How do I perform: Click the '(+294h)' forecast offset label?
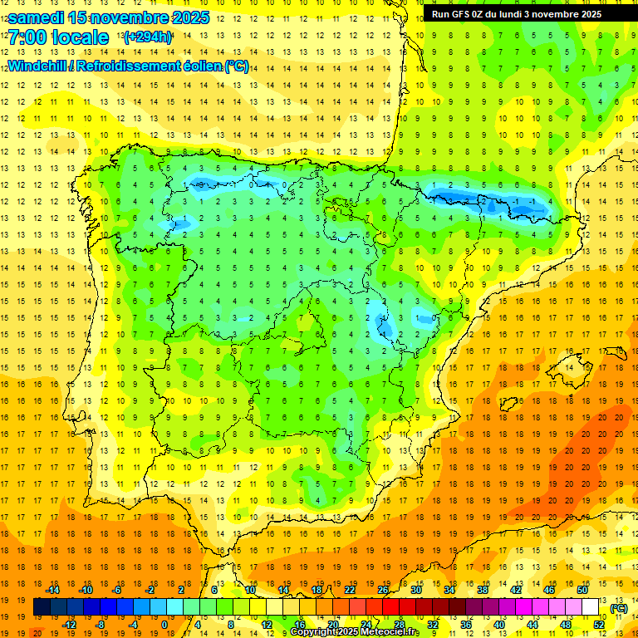pyautogui.click(x=148, y=37)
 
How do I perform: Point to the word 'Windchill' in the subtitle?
pyautogui.click(x=36, y=66)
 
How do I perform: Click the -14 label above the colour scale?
pyautogui.click(x=52, y=589)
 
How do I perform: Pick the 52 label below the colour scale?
pyautogui.click(x=599, y=625)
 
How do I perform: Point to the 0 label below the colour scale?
pyautogui.click(x=164, y=625)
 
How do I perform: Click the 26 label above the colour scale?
pyautogui.click(x=383, y=589)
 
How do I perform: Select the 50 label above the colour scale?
pyautogui.click(x=582, y=589)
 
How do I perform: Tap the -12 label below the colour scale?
pyautogui.click(x=69, y=625)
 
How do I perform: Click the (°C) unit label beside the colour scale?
pyautogui.click(x=619, y=608)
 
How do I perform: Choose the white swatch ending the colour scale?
pyautogui.click(x=591, y=607)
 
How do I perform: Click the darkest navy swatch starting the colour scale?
pyautogui.click(x=42, y=607)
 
